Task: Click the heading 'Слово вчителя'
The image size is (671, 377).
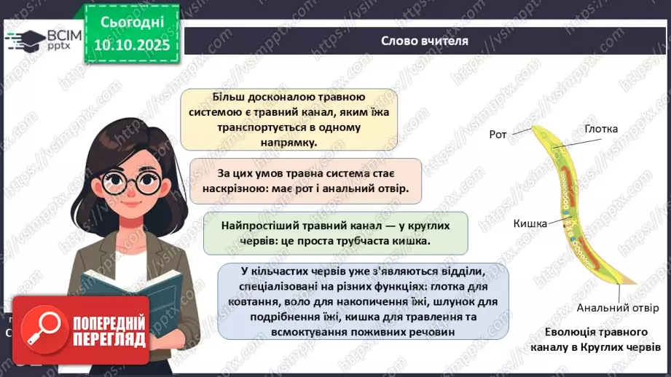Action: point(424,41)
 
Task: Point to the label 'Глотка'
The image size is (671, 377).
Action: point(601,129)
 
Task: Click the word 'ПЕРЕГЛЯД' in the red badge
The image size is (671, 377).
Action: point(107,339)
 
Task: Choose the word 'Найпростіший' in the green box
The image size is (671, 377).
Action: point(258,226)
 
